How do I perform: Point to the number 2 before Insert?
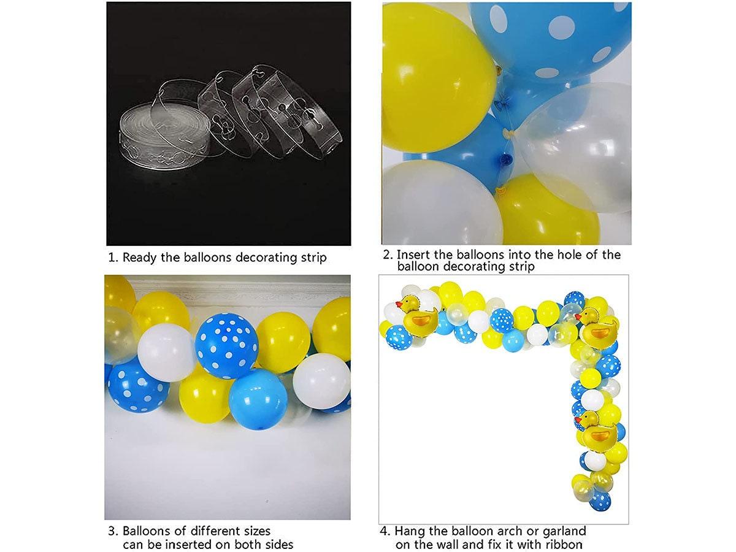386,255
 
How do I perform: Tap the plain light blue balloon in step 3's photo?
258,399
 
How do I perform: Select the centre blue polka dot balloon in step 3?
226,345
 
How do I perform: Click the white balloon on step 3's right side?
321,380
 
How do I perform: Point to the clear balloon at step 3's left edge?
117,334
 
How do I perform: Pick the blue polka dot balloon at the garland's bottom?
600,500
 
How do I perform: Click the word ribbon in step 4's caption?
562,544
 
